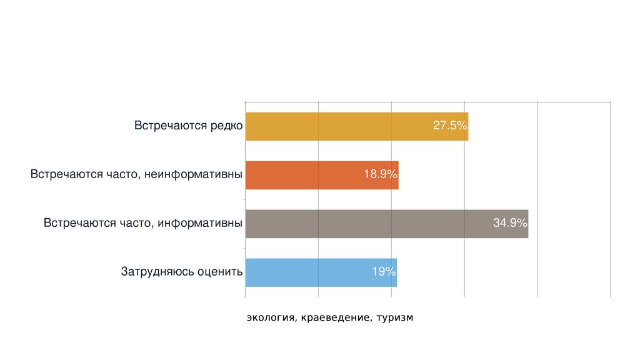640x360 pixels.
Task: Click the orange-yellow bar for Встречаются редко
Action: [337, 126]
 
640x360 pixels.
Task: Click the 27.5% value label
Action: [450, 126]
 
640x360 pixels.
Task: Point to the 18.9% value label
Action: [381, 174]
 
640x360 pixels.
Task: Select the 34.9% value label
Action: [510, 223]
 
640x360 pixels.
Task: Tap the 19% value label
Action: [384, 272]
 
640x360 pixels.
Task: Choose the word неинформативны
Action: [193, 174]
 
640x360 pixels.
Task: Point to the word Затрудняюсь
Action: [157, 272]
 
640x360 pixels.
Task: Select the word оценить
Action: [219, 272]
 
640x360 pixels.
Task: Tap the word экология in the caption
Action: [270, 318]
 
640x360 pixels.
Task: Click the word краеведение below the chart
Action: [334, 318]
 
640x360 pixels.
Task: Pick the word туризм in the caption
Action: [395, 318]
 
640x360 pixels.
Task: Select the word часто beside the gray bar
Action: [137, 223]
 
